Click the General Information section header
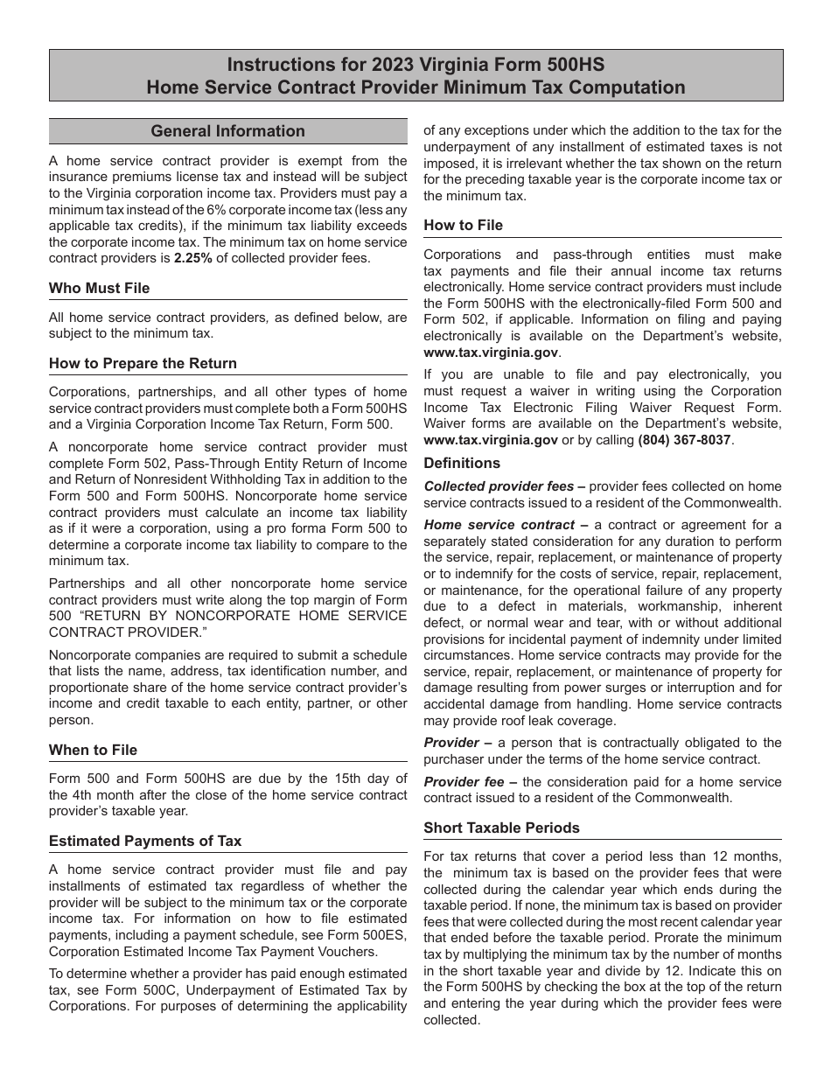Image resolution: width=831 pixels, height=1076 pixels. pyautogui.click(x=227, y=131)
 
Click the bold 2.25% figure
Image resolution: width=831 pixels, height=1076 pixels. pyautogui.click(x=192, y=258)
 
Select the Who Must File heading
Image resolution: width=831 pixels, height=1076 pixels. pyautogui.click(x=99, y=288)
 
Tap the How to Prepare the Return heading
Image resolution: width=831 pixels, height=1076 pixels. pyautogui.click(x=143, y=363)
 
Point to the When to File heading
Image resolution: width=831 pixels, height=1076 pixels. pyautogui.click(x=93, y=750)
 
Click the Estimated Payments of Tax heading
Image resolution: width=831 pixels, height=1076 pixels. pyautogui.click(x=145, y=841)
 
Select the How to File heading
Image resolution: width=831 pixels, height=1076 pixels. pyautogui.click(x=463, y=225)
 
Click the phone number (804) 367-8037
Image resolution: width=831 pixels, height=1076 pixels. pyautogui.click(x=684, y=440)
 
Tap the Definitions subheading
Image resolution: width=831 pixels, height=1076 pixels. pyautogui.click(x=462, y=463)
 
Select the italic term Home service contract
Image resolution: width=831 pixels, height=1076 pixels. pyautogui.click(x=499, y=525)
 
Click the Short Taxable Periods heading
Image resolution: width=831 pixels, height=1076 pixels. pyautogui.click(x=501, y=828)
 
